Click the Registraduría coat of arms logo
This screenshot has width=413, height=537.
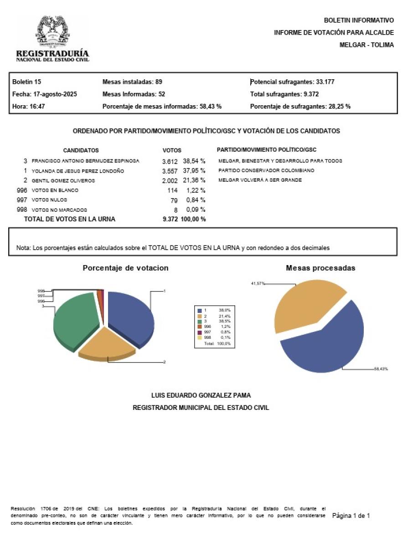point(52,32)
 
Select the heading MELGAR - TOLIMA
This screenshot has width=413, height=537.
point(367,45)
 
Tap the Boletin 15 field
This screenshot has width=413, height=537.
point(27,82)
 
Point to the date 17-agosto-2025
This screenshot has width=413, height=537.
point(55,94)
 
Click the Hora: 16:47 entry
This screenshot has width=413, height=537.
point(28,107)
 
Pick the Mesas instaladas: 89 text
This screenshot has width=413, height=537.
point(133,82)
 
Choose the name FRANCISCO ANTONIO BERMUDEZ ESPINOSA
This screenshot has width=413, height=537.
point(85,161)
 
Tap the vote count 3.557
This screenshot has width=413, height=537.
point(170,171)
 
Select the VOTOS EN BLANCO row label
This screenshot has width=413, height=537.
point(55,190)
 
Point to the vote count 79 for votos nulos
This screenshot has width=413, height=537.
point(174,200)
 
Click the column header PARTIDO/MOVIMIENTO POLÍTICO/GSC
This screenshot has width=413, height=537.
point(267,150)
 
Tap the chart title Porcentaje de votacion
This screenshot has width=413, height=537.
point(125,268)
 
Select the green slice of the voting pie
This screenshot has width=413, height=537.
point(75,319)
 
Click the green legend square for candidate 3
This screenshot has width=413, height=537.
point(199,321)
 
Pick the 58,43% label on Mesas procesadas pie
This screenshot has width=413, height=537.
point(381,368)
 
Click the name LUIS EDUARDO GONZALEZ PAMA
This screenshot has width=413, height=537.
point(201,395)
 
